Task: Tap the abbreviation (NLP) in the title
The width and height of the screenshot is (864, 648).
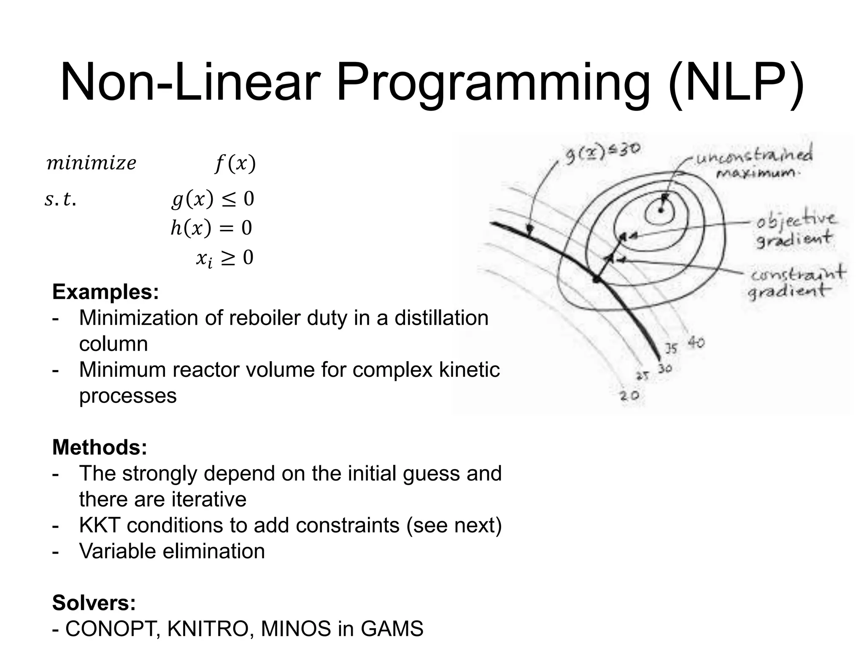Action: pyautogui.click(x=736, y=82)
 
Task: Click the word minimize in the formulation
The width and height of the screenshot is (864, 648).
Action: pyautogui.click(x=91, y=163)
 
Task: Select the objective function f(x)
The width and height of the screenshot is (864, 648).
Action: pyautogui.click(x=235, y=164)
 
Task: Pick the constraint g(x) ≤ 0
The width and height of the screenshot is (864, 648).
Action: pyautogui.click(x=213, y=199)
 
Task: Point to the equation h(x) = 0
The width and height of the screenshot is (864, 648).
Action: pyautogui.click(x=211, y=228)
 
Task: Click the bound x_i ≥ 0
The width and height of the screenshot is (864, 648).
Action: pyautogui.click(x=224, y=258)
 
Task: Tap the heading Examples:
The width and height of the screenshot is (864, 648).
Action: pyautogui.click(x=105, y=292)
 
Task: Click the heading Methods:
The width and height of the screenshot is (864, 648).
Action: pyautogui.click(x=100, y=447)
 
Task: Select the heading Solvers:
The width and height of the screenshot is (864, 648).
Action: pyautogui.click(x=94, y=602)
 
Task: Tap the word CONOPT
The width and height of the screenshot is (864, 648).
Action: pyautogui.click(x=112, y=629)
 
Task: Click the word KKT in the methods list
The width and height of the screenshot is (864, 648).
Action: pyautogui.click(x=100, y=525)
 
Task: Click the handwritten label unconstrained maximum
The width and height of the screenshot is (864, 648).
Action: pyautogui.click(x=755, y=163)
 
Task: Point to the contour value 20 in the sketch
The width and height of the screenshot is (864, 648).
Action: pyautogui.click(x=629, y=395)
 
